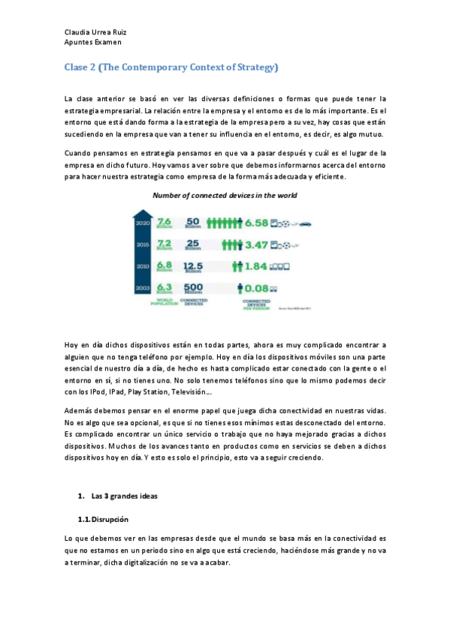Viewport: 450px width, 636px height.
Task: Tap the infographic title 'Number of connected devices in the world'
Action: click(225, 196)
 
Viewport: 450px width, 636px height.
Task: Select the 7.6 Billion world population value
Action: click(165, 222)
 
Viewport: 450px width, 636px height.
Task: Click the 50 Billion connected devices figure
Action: click(193, 222)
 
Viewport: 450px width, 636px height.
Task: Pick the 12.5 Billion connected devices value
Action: click(194, 265)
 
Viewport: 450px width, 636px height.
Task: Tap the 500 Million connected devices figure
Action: click(194, 287)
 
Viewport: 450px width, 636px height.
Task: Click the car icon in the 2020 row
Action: click(307, 223)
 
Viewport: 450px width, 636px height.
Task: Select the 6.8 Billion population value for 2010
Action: click(165, 265)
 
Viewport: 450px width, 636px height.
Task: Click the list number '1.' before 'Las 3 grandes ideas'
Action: click(81, 497)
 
